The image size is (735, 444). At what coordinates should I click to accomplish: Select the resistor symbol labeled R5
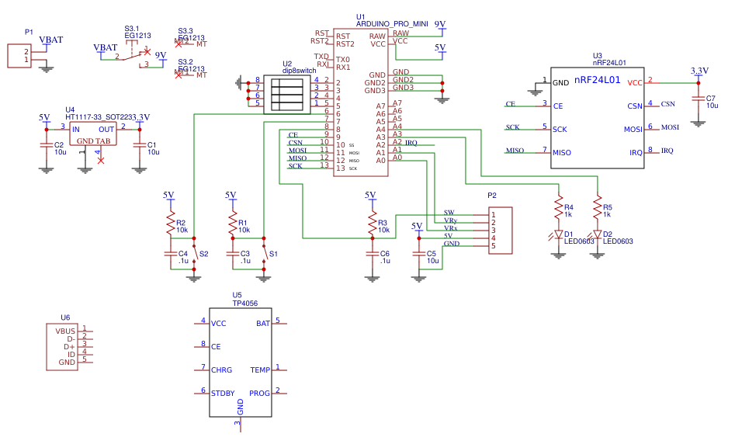(597, 207)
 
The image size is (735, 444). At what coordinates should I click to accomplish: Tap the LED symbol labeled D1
(558, 234)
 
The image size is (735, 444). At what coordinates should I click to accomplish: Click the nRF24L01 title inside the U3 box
(598, 79)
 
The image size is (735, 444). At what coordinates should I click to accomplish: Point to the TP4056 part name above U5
(244, 304)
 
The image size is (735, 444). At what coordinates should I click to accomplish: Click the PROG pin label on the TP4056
(259, 394)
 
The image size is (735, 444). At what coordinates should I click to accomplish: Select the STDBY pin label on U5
(223, 394)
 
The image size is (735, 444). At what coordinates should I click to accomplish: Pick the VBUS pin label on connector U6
(65, 331)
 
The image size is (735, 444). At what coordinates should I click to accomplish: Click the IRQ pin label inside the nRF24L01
(636, 153)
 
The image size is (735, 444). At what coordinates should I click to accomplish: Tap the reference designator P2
(491, 196)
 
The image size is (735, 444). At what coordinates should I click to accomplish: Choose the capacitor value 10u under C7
(712, 106)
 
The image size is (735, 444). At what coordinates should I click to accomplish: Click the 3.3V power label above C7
(699, 71)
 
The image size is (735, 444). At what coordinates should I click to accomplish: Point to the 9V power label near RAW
(440, 24)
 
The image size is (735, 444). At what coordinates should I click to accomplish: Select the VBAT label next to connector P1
(51, 40)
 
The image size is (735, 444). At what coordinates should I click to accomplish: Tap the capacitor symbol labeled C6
(373, 255)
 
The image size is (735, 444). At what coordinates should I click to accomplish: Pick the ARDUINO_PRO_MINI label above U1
(392, 24)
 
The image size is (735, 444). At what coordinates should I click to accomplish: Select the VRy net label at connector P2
(450, 221)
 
